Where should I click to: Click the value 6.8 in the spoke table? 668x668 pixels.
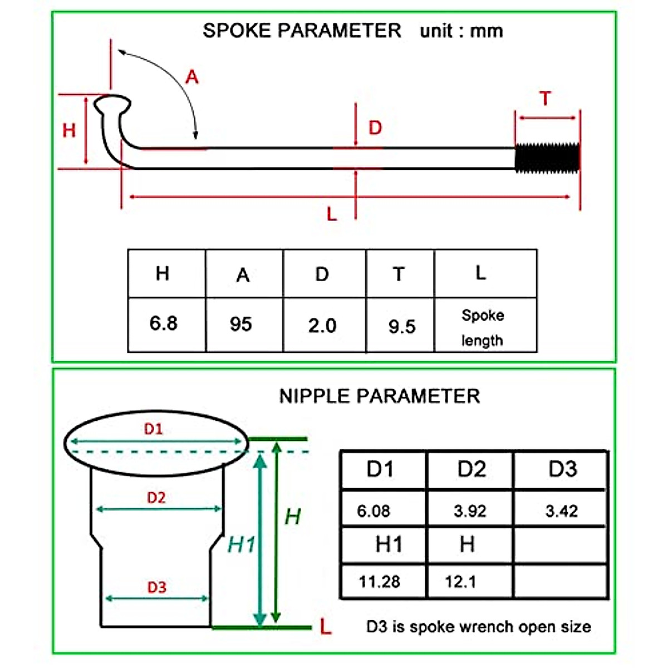tap(163, 323)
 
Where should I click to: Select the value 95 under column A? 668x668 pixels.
tap(240, 324)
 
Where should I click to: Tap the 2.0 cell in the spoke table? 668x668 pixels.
tap(322, 325)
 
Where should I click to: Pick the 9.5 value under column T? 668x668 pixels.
tap(402, 326)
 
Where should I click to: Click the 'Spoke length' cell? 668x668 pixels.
tap(483, 327)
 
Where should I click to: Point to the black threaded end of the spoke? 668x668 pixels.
tap(547, 158)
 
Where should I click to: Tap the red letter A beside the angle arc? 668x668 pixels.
tap(192, 77)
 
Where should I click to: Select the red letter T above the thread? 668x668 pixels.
tap(546, 99)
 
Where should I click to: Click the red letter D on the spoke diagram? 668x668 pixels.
tap(375, 127)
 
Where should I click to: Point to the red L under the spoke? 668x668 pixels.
tap(332, 214)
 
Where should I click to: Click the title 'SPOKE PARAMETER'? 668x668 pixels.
tap(302, 30)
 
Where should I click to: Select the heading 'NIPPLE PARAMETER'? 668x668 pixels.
tap(379, 396)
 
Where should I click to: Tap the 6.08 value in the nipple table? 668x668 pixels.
tap(374, 510)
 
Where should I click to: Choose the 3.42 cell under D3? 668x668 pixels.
tap(561, 510)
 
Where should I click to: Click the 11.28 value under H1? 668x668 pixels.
tap(379, 582)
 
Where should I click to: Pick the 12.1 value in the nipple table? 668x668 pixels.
tap(460, 582)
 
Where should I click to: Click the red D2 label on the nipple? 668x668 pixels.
tap(156, 497)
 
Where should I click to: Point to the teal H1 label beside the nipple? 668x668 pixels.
tap(241, 544)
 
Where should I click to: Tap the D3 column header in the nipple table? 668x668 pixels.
tap(562, 469)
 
